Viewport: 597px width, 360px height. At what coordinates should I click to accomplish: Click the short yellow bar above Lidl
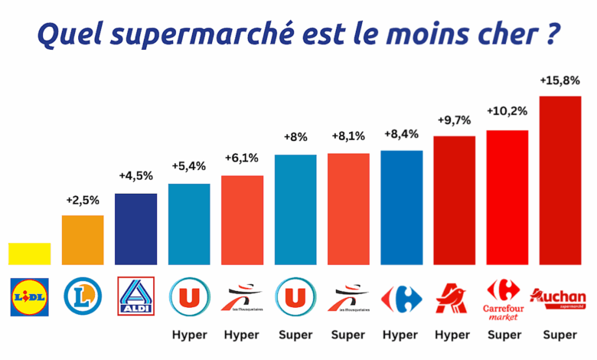(30, 254)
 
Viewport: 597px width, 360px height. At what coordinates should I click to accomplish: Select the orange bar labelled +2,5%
(83, 240)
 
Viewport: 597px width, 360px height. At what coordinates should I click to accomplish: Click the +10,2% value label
(507, 111)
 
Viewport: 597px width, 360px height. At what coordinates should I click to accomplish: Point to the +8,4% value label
(401, 134)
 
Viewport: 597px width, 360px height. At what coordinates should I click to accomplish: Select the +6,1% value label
(242, 159)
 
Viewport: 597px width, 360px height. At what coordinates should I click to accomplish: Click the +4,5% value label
(135, 176)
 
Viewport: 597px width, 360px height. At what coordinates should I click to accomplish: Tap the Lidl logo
(30, 296)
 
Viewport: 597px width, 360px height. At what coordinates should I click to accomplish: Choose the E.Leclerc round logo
(83, 296)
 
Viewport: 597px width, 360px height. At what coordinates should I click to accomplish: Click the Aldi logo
(136, 296)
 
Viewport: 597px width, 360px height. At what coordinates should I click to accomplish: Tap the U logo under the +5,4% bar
(189, 296)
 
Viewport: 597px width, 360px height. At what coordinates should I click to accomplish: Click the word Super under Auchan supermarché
(559, 335)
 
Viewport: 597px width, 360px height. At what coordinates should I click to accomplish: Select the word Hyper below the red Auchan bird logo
(453, 335)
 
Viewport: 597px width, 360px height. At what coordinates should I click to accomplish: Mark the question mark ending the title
(551, 34)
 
